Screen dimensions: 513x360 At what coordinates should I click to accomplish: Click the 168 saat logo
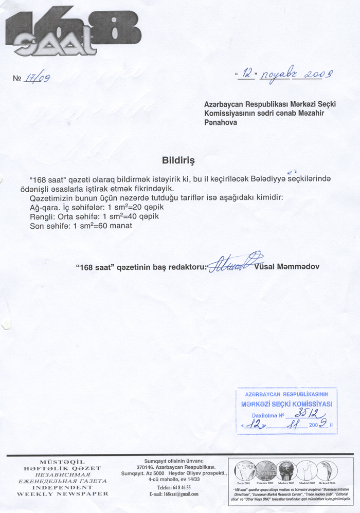(72, 33)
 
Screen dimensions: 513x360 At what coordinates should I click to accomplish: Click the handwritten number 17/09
(40, 78)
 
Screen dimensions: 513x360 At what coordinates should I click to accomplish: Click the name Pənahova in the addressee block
(221, 123)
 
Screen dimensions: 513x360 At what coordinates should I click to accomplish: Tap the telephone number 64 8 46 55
(174, 487)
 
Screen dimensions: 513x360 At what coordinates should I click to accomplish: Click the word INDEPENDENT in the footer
(63, 487)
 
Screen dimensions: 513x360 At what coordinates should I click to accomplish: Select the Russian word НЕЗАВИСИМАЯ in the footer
(63, 474)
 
